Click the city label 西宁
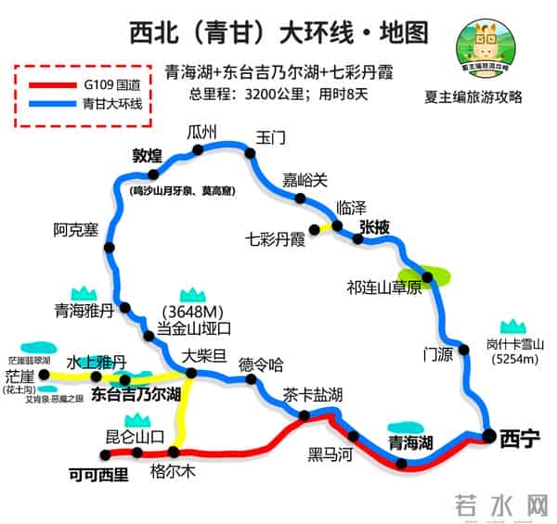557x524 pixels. tap(519, 440)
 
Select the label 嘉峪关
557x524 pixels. tap(305, 179)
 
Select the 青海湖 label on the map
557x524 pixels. tap(409, 441)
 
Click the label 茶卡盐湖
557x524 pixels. tap(311, 392)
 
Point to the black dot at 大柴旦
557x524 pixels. tap(190, 374)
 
